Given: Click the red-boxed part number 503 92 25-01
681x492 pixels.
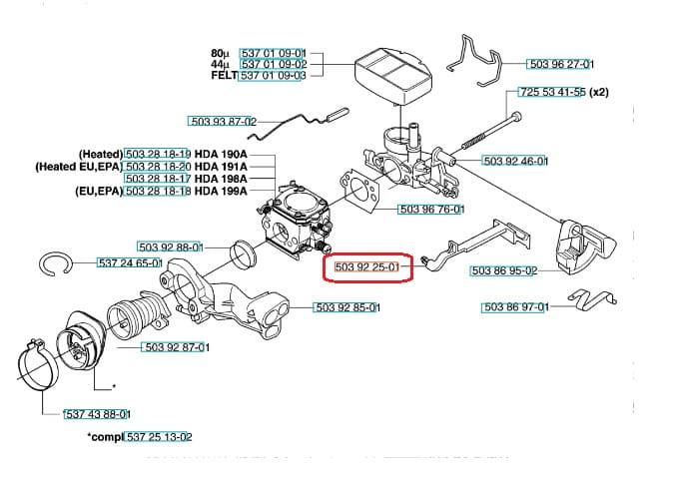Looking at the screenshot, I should (367, 266).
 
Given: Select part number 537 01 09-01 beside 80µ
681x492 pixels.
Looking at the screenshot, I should (274, 53).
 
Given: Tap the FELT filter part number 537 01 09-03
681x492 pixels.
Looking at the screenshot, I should (274, 75).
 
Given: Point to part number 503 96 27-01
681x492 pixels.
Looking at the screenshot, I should (560, 65).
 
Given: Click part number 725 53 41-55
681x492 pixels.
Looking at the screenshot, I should (552, 93).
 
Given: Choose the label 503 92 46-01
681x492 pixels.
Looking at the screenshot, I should (514, 161).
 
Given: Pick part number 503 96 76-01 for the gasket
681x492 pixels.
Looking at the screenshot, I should (431, 210).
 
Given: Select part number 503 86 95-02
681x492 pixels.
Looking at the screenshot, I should (504, 270).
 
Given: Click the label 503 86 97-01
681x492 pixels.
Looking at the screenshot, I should (515, 307).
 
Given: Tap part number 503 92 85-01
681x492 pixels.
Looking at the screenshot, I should (346, 307).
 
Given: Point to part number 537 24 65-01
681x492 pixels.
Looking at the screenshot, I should (130, 262).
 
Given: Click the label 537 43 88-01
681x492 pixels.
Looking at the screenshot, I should (97, 413).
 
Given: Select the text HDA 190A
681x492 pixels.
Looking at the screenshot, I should (221, 154).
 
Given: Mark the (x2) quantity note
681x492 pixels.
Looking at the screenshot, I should (598, 93).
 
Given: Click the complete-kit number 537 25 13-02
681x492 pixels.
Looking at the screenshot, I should (160, 436).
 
